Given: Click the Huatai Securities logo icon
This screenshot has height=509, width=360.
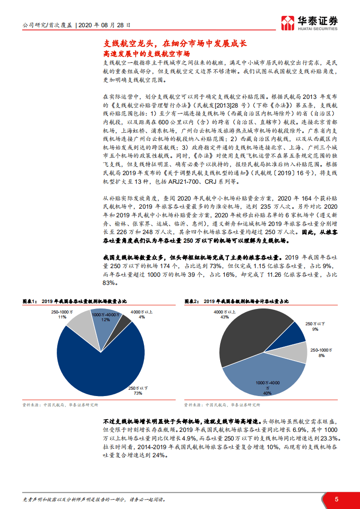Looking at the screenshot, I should point(287,23).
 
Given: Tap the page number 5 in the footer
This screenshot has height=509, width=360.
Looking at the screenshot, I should point(336,499).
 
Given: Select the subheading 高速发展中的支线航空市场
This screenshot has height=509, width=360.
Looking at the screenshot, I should point(143,54).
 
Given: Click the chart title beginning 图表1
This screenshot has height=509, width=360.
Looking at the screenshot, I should point(75,301).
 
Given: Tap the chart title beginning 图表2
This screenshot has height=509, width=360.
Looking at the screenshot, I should point(236,301).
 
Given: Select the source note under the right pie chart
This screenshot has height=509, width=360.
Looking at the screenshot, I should point(222,405).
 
